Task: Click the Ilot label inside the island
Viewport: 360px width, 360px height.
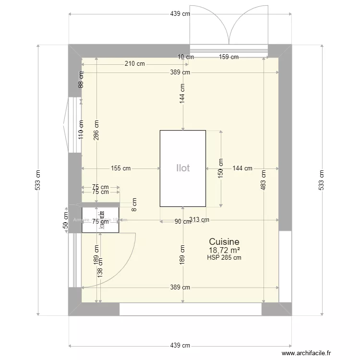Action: tap(182, 168)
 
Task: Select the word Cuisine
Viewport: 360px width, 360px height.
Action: tap(224, 242)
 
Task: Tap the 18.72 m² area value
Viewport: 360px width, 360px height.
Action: tap(224, 250)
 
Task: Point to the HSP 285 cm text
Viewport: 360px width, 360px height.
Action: tap(224, 257)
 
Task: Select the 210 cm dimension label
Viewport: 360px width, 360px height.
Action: tap(135, 63)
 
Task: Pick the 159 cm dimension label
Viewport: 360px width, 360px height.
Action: tap(228, 57)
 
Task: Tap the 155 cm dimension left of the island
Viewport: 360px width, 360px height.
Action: tap(120, 168)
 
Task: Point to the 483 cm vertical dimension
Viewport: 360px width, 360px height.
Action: tap(264, 180)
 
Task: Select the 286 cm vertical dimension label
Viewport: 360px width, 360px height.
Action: tap(97, 129)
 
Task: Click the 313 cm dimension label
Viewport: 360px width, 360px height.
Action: tap(199, 220)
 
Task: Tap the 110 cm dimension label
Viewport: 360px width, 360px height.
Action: tap(81, 130)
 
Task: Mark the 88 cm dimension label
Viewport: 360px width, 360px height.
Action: tap(81, 79)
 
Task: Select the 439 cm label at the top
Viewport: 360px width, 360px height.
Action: tap(180, 14)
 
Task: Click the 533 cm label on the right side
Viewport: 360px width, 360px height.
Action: tap(321, 180)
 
